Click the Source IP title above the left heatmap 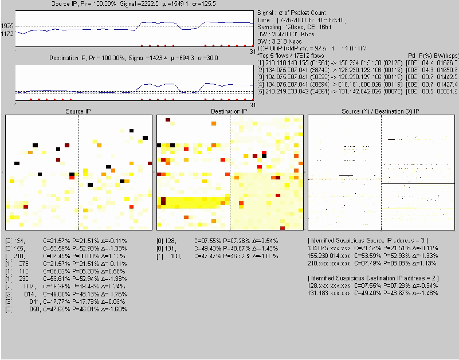79,110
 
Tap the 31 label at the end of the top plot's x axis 253,50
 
